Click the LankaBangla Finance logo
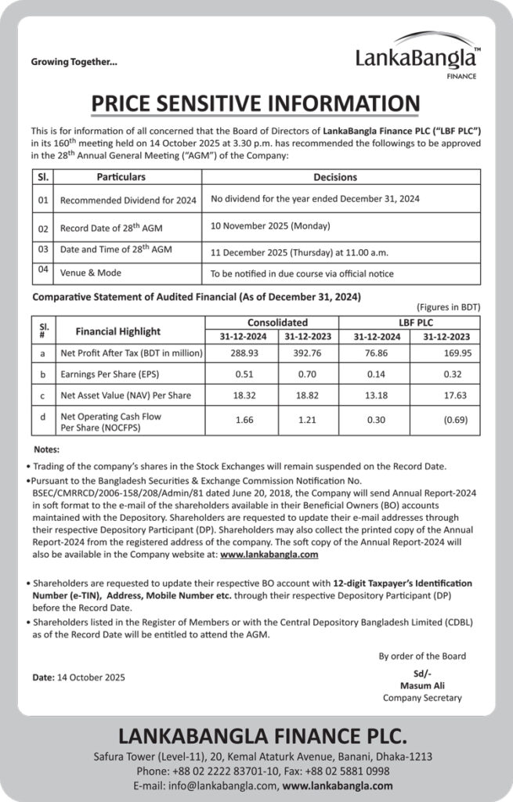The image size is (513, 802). pyautogui.click(x=416, y=56)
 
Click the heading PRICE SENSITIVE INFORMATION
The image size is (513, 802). pyautogui.click(x=255, y=104)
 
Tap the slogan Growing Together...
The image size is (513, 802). pyautogui.click(x=74, y=62)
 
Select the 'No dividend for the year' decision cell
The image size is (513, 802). pyautogui.click(x=315, y=199)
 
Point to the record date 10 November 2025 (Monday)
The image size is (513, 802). pyautogui.click(x=270, y=226)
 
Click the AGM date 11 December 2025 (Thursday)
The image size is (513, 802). pyautogui.click(x=299, y=253)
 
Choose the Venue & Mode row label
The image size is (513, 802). pyautogui.click(x=91, y=273)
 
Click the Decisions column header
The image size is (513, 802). pyautogui.click(x=334, y=178)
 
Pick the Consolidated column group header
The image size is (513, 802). pyautogui.click(x=277, y=323)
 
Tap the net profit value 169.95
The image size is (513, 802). pyautogui.click(x=457, y=353)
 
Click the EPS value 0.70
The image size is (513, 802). pyautogui.click(x=309, y=374)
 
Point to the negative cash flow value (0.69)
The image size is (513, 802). pyautogui.click(x=457, y=421)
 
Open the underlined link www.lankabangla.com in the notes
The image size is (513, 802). pyautogui.click(x=269, y=554)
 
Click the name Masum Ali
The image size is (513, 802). pyautogui.click(x=422, y=685)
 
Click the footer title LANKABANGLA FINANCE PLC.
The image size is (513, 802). pyautogui.click(x=262, y=736)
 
